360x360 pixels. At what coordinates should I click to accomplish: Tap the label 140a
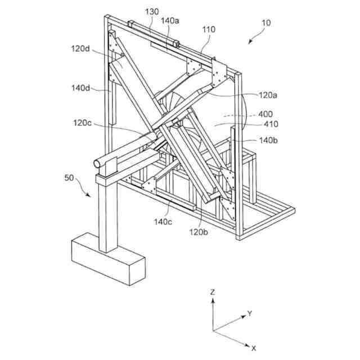coord(170,21)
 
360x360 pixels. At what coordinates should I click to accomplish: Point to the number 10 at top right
coord(266,23)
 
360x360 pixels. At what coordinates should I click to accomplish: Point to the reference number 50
coord(69,178)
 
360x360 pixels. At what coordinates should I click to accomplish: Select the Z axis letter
coord(212,292)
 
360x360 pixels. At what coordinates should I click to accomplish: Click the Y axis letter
coord(249,313)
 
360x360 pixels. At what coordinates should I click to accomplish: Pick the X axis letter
coord(254,348)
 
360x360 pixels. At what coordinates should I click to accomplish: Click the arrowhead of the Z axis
coord(213,301)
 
